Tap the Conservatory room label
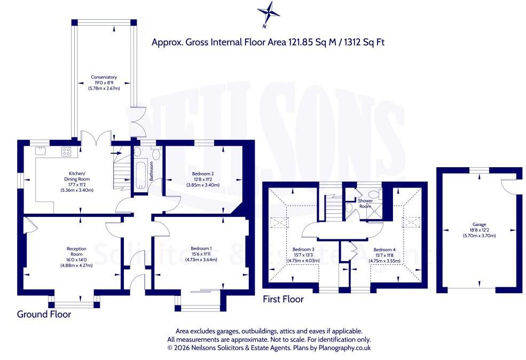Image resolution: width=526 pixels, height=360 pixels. (x=104, y=77)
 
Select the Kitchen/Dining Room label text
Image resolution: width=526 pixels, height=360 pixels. (x=77, y=176)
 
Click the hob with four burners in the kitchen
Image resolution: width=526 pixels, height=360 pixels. (x=66, y=152)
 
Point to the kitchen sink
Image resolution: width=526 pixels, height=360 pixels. (x=40, y=151)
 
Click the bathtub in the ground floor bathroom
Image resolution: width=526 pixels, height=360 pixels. (x=140, y=176)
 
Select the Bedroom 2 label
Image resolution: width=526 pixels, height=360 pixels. (x=203, y=174)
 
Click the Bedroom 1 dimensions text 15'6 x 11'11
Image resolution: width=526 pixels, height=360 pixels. (x=201, y=254)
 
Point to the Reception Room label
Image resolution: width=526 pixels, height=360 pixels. (x=76, y=251)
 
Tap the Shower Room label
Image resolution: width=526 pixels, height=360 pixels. (x=365, y=204)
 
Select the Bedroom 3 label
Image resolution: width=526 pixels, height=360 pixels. (x=303, y=249)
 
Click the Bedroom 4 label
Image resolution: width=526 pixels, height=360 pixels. (x=384, y=249)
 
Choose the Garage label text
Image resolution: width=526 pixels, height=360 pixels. (x=480, y=224)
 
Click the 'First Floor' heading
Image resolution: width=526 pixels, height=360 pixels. (x=283, y=299)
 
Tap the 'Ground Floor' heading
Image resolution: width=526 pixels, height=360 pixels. (x=44, y=315)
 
